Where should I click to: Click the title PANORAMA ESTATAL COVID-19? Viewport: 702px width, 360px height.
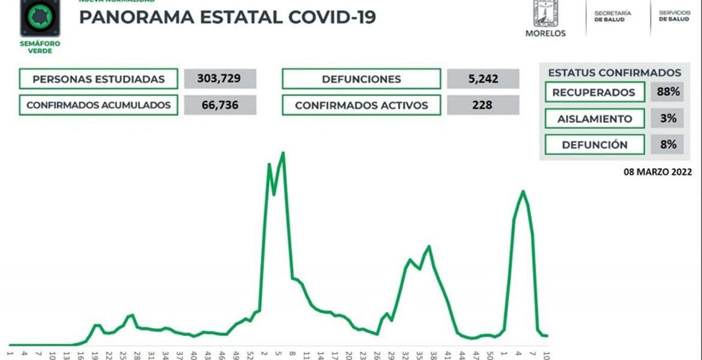pyautogui.click(x=227, y=17)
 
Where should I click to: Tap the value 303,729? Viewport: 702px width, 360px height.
pyautogui.click(x=220, y=79)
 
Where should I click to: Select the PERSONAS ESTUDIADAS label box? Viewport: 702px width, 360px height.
pyautogui.click(x=98, y=79)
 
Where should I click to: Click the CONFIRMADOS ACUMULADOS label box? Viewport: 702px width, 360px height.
pyautogui.click(x=98, y=105)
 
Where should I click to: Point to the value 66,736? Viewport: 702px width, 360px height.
pyautogui.click(x=220, y=105)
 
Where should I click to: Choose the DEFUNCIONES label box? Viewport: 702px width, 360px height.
pyautogui.click(x=361, y=79)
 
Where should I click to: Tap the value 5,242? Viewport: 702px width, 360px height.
pyautogui.click(x=482, y=79)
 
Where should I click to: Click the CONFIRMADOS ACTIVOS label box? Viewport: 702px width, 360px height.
pyautogui.click(x=361, y=105)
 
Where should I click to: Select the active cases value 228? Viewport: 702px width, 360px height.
pyautogui.click(x=482, y=105)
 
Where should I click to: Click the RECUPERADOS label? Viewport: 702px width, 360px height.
pyautogui.click(x=594, y=92)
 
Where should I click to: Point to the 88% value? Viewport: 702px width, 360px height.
pyautogui.click(x=667, y=92)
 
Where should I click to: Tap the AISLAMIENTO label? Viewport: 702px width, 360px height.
pyautogui.click(x=594, y=119)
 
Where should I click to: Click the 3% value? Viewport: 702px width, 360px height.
pyautogui.click(x=667, y=119)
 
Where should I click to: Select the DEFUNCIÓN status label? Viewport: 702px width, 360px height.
pyautogui.click(x=594, y=145)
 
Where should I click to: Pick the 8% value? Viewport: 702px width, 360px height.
pyautogui.click(x=667, y=145)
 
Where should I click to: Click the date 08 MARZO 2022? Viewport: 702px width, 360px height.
pyautogui.click(x=658, y=172)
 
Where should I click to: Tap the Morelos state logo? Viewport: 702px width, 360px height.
pyautogui.click(x=545, y=18)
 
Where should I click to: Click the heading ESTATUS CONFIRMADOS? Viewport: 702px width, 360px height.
pyautogui.click(x=614, y=73)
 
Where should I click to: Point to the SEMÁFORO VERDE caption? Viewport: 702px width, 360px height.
pyautogui.click(x=40, y=47)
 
